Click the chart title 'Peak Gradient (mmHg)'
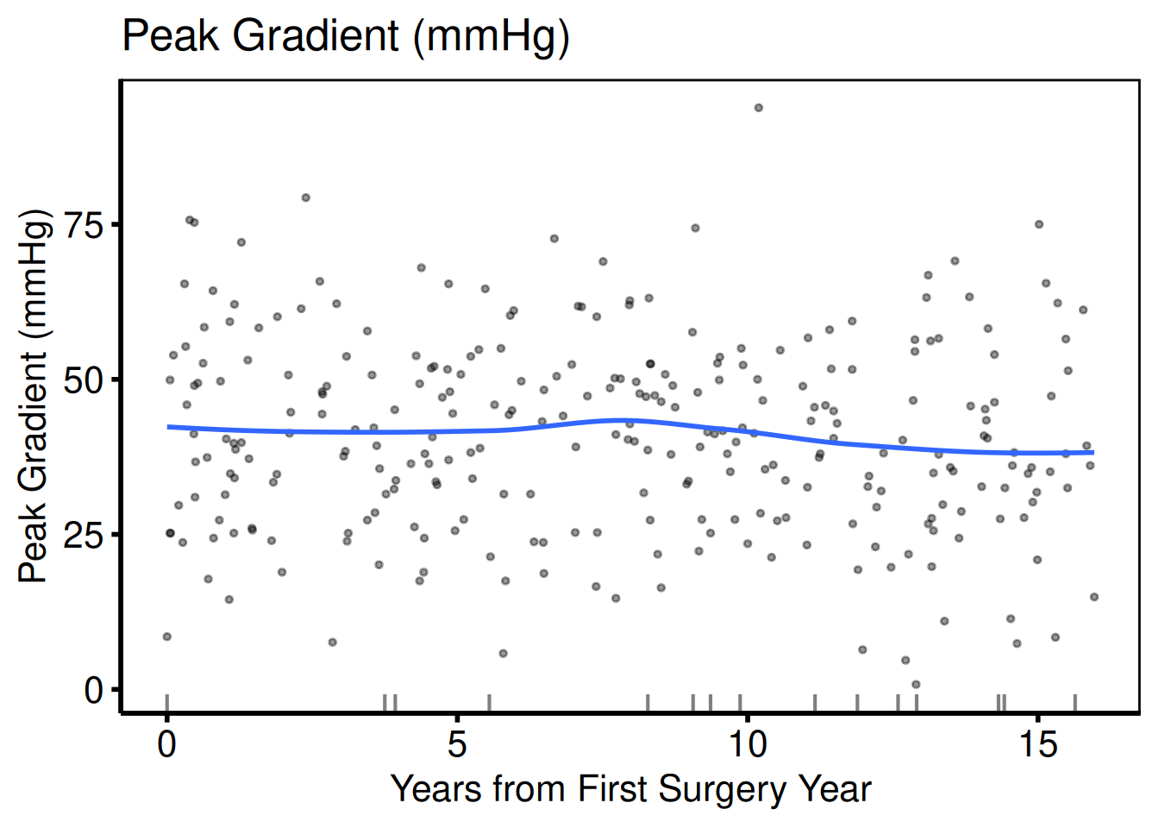click(x=346, y=36)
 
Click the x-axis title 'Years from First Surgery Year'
click(x=630, y=788)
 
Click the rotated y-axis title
click(x=35, y=396)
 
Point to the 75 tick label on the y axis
click(x=84, y=225)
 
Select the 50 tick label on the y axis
click(x=84, y=380)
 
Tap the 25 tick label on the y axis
click(x=84, y=535)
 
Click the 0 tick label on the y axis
click(x=93, y=690)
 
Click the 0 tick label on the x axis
click(x=166, y=743)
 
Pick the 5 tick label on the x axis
click(x=457, y=743)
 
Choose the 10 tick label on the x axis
click(x=747, y=743)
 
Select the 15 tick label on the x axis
click(x=1037, y=743)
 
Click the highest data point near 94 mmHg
click(x=759, y=108)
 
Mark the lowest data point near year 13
click(x=916, y=685)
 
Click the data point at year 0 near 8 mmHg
click(x=167, y=637)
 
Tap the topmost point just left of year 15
click(x=1039, y=224)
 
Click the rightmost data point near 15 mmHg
click(x=1094, y=597)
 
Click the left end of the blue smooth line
click(x=169, y=427)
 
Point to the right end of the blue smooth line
click(x=1093, y=452)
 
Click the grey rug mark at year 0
click(x=166, y=703)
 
